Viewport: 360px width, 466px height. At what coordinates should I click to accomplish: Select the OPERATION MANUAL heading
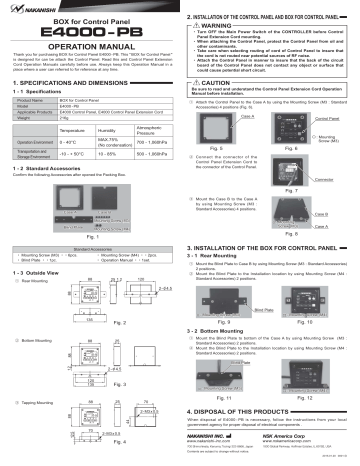[89, 49]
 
